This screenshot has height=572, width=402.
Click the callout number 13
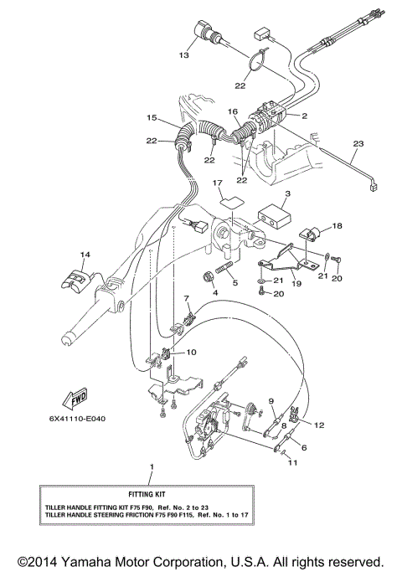click(x=185, y=55)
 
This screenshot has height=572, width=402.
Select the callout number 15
click(x=152, y=117)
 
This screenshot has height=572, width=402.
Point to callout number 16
click(x=234, y=111)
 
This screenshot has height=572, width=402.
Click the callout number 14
click(x=84, y=254)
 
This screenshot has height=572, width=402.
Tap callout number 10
click(x=192, y=353)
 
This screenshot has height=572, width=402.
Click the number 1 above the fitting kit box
click(x=152, y=465)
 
